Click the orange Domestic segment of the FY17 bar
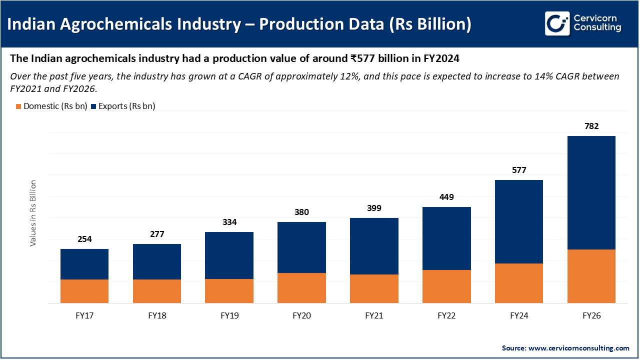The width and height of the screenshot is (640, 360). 84,291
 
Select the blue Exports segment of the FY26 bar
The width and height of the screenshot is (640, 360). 591,192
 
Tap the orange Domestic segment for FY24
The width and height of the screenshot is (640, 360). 518,283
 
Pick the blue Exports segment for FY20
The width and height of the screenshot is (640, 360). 301,247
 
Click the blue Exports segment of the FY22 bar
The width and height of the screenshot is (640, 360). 446,238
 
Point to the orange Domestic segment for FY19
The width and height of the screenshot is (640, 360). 229,291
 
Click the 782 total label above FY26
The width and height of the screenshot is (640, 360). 591,126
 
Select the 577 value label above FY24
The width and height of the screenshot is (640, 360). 518,170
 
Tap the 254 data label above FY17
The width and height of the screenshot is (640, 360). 84,239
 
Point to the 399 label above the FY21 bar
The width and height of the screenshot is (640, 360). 374,208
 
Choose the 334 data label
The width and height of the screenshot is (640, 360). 229,222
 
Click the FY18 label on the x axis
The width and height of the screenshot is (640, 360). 157,316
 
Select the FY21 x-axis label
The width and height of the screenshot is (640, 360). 374,316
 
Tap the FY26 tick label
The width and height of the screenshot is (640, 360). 591,316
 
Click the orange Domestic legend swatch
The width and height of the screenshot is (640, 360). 18,106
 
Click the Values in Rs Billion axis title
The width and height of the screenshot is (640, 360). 33,213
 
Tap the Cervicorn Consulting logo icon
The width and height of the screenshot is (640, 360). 557,23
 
